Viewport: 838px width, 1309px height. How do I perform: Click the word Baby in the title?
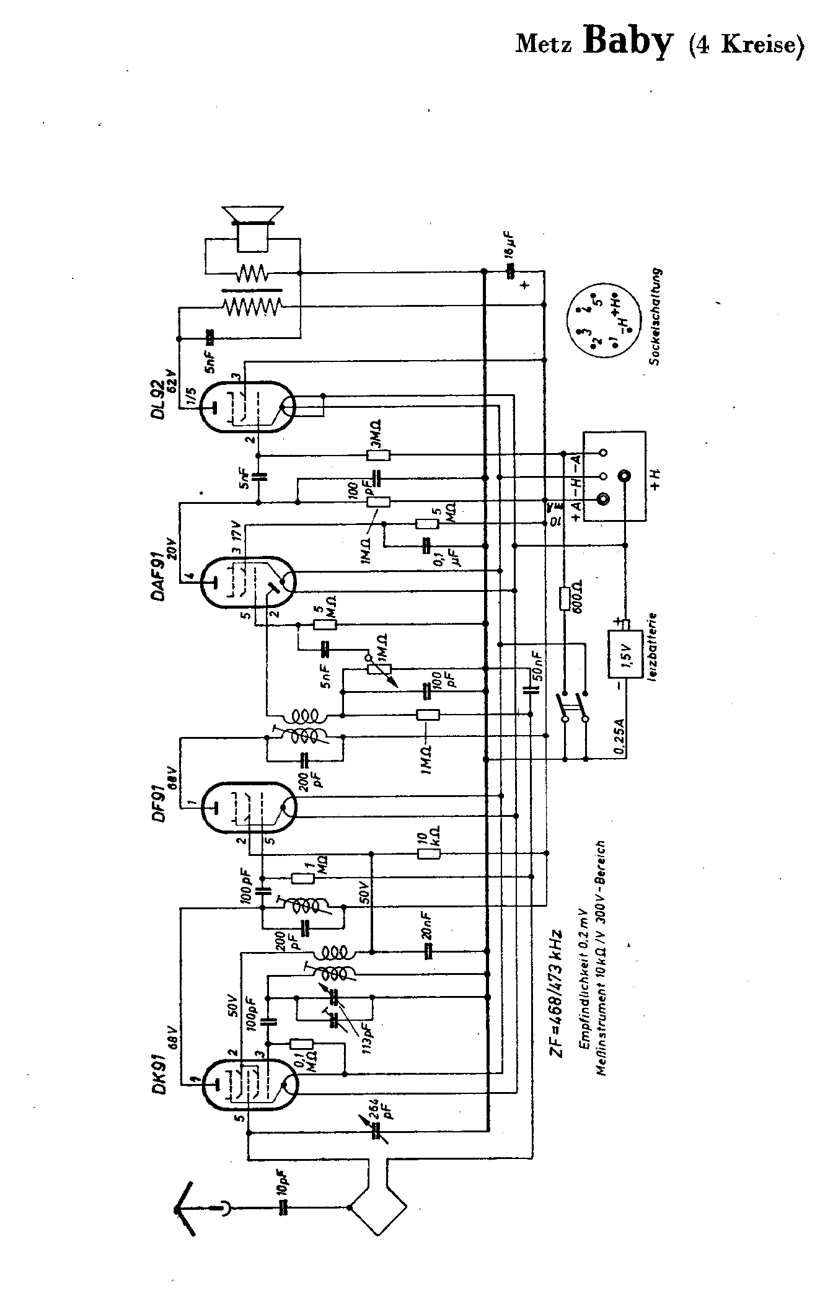tap(628, 43)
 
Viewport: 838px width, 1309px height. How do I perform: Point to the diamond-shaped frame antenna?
tap(379, 1207)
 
